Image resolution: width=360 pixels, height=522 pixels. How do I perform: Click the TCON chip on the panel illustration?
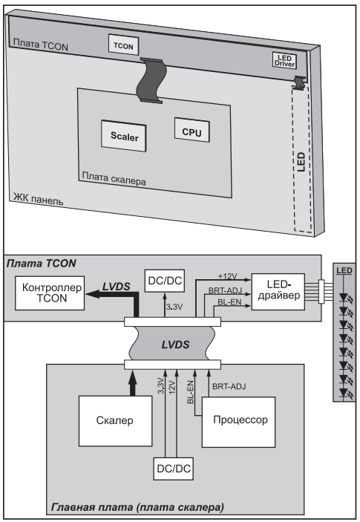coord(123,45)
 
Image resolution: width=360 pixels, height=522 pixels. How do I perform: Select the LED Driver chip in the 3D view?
coord(284,61)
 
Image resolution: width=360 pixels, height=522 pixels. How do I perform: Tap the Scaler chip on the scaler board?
coord(124,136)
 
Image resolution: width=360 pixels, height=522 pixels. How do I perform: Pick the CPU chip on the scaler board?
coord(192,131)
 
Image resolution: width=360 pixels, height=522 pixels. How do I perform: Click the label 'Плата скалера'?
coord(114,178)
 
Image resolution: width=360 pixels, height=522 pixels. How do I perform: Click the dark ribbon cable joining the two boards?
coord(151,79)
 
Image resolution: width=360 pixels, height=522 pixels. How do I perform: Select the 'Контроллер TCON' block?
coord(50,293)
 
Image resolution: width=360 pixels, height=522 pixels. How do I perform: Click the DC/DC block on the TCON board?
coord(165,281)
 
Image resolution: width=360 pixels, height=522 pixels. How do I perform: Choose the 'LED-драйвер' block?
coord(278,292)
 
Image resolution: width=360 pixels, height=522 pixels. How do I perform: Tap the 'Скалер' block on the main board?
coord(115,421)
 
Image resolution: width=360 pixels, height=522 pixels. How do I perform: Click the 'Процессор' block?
coord(238,422)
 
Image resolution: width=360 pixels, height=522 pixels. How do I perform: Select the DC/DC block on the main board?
coord(174,469)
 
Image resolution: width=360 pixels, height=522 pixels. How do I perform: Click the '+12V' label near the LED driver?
coord(228,276)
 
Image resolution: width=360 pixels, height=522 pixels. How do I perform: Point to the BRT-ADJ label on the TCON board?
coord(225,290)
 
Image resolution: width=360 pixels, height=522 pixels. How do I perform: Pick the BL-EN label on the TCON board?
coord(229,302)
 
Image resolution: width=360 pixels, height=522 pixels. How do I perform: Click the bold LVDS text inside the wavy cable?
coord(175,345)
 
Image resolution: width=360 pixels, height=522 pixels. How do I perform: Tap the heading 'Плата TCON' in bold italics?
coord(42,264)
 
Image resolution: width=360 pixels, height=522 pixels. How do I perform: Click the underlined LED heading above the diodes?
coord(344,270)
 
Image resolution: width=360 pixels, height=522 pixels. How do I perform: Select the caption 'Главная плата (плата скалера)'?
coord(137,507)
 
